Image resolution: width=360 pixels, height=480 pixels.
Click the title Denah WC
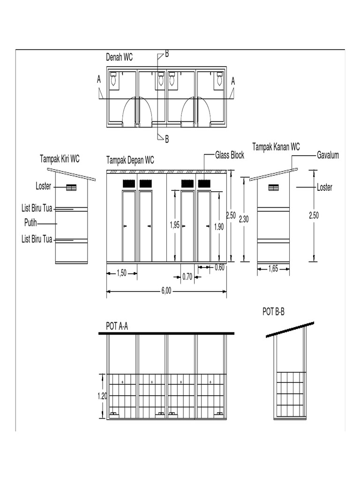[x=119, y=58]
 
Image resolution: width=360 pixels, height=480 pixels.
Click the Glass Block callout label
[x=230, y=155]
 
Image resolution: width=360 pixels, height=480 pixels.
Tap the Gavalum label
[x=328, y=155]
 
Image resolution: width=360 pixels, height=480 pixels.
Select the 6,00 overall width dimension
[x=166, y=291]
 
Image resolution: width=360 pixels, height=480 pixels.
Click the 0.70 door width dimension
[x=187, y=277]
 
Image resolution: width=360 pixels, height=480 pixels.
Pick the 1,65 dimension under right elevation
[x=273, y=269]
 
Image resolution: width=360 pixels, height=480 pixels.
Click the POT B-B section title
[x=274, y=312]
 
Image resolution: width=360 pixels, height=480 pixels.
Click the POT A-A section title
[x=117, y=326]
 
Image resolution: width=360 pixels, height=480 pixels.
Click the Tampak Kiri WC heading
[x=60, y=158]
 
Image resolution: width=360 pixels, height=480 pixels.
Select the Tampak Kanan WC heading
[x=276, y=147]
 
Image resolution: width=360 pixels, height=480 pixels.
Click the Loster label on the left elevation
[x=43, y=187]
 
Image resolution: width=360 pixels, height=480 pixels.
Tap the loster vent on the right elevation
[x=273, y=188]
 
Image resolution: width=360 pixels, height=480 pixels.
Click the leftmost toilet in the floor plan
[x=114, y=80]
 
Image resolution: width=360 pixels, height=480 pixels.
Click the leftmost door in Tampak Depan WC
[x=129, y=226]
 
